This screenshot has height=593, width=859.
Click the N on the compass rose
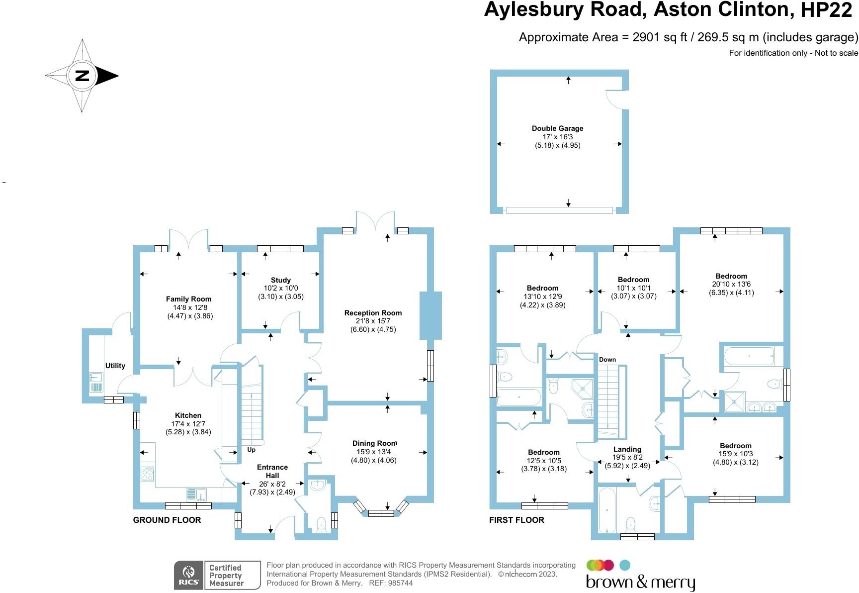[82, 76]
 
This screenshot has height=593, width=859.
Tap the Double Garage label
[557, 128]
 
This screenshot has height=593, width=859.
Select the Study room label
[281, 280]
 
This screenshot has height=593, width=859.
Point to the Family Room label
[188, 299]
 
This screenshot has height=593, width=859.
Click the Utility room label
[115, 366]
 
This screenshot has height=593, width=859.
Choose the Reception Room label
[373, 313]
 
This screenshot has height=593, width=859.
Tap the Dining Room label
[375, 443]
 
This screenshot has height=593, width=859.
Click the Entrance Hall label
[272, 471]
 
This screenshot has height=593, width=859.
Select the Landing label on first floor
[627, 449]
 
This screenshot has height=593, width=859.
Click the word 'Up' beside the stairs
[252, 450]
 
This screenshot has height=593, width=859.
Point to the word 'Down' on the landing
[607, 360]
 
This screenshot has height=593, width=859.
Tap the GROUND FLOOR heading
[167, 520]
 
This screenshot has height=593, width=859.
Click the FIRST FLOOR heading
[516, 520]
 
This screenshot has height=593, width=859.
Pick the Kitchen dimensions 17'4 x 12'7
[188, 424]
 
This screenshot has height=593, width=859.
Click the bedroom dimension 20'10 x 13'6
[731, 285]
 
